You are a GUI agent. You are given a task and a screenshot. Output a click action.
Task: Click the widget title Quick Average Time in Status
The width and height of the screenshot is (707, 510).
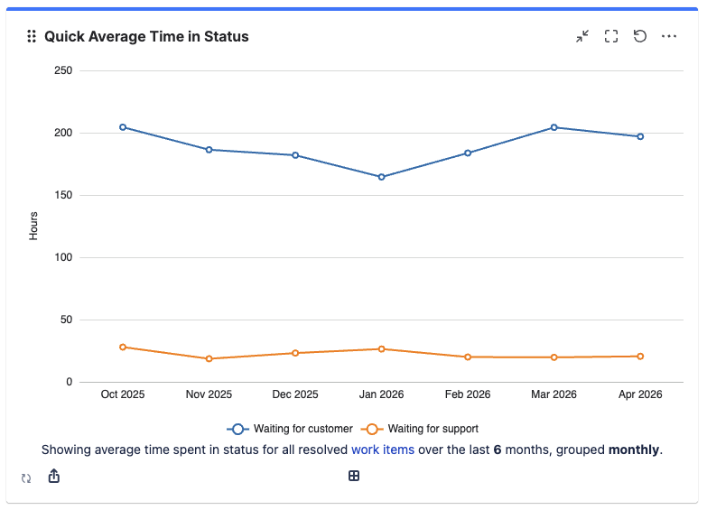(146, 37)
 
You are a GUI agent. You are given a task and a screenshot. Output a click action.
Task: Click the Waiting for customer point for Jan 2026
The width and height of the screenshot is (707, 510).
(382, 177)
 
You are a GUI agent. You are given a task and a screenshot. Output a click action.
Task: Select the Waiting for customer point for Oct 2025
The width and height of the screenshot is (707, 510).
(123, 127)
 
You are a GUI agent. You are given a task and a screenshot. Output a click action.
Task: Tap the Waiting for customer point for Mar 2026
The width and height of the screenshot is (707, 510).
(554, 127)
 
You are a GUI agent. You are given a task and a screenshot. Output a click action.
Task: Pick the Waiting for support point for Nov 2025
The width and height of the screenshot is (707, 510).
(209, 359)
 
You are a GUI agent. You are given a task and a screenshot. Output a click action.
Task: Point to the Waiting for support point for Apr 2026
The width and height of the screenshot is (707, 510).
(640, 357)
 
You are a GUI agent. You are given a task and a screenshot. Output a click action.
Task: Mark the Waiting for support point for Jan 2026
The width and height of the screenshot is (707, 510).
(382, 349)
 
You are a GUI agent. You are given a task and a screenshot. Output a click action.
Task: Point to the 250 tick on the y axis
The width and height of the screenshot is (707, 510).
(63, 70)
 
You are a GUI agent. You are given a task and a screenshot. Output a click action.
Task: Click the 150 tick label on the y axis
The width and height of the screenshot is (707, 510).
(63, 195)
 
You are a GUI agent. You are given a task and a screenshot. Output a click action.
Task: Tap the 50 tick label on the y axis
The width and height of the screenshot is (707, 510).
(66, 320)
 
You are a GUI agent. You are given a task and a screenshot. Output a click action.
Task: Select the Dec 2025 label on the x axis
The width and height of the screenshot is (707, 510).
(295, 394)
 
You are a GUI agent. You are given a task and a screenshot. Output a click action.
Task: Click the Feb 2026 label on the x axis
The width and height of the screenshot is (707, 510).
(468, 394)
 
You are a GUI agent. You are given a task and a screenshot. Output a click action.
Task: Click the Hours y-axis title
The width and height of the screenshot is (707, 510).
(33, 226)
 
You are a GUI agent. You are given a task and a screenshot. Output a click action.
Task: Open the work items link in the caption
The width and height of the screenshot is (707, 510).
(383, 450)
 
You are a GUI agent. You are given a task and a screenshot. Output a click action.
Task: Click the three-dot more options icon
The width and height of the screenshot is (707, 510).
(669, 36)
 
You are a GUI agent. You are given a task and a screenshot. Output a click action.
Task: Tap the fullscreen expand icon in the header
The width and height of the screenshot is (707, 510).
(611, 36)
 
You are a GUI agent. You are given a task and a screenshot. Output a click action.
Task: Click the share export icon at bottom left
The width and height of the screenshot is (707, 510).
(53, 476)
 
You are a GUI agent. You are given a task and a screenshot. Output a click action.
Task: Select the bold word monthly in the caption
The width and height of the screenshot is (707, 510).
(634, 450)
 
